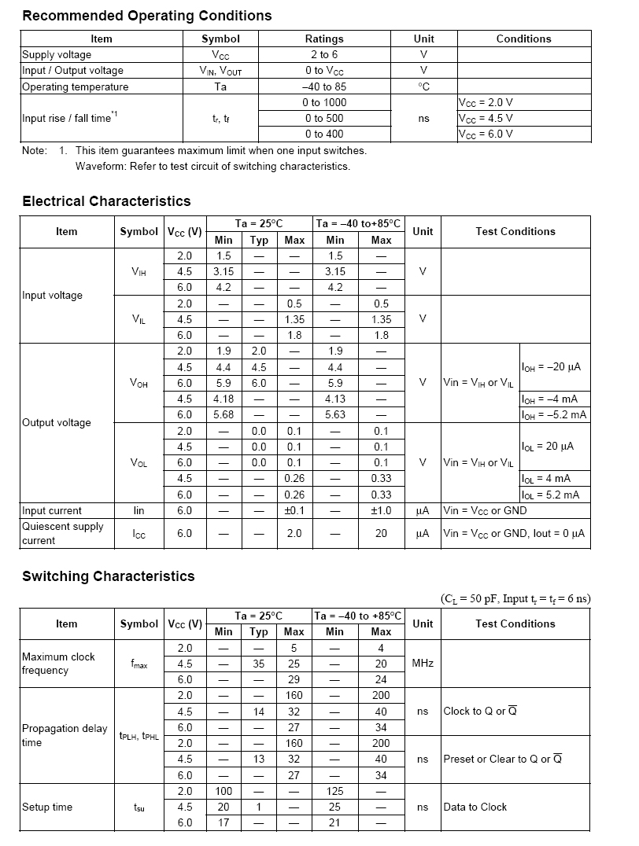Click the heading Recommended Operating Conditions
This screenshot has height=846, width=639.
coord(147,16)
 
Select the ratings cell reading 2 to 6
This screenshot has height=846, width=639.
coord(324,55)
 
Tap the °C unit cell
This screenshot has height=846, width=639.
coord(423,87)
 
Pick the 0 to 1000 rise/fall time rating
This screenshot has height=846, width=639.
coord(324,103)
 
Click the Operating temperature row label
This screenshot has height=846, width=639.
coord(75,87)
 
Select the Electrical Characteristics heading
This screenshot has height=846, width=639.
coord(106,201)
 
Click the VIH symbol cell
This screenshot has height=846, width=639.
coord(139,272)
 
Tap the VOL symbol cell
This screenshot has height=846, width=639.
coord(139,463)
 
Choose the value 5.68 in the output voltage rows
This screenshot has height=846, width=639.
coord(223,415)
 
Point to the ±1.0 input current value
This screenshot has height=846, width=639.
coord(381,511)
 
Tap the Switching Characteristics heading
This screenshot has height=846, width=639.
coord(108,576)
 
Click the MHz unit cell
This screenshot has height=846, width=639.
coord(423,664)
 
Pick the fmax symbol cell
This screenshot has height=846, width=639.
coord(139,664)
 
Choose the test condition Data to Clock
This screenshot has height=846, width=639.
coord(475,807)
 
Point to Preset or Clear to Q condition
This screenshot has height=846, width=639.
coord(502,760)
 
